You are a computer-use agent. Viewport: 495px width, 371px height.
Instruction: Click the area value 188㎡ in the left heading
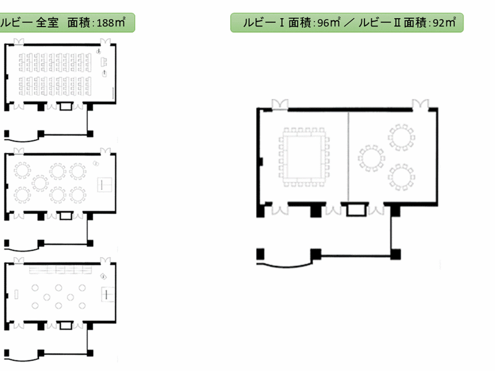[x=111, y=22]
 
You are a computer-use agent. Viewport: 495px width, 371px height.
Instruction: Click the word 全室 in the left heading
[x=47, y=22]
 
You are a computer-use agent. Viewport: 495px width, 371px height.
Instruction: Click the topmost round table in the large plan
[x=401, y=137]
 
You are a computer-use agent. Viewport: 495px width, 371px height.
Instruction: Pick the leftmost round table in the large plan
[x=371, y=158]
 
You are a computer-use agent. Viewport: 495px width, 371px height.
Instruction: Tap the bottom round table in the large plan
[x=402, y=177]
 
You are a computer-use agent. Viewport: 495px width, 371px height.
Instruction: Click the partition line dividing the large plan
[x=348, y=157]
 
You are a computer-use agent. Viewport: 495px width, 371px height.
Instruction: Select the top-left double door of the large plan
[x=280, y=104]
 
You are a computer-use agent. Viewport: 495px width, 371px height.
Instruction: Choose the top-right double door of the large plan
[x=421, y=104]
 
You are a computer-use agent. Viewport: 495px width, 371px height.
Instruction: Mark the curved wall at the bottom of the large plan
[x=284, y=266]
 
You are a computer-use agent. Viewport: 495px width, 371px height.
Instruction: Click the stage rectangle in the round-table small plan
[x=105, y=185]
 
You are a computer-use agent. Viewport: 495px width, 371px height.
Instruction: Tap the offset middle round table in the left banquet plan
[x=40, y=183]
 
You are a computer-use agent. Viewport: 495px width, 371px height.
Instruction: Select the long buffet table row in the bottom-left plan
[x=60, y=270]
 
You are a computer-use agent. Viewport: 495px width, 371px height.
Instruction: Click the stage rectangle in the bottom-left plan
[x=108, y=294]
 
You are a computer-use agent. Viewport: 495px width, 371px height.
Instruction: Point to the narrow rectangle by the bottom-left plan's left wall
[x=17, y=294]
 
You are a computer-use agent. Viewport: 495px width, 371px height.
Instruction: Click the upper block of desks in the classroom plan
[x=55, y=62]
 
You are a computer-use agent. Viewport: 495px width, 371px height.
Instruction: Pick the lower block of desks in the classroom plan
[x=55, y=86]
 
